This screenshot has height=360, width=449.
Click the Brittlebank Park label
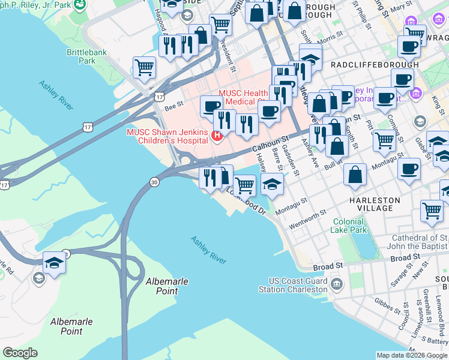[x=87, y=56]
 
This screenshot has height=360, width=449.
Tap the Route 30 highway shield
[x=154, y=182]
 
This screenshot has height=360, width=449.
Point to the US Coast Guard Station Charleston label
[x=298, y=285]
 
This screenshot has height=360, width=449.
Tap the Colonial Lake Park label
[x=349, y=226]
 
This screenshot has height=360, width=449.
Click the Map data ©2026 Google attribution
[x=411, y=355]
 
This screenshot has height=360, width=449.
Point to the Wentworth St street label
[x=306, y=219]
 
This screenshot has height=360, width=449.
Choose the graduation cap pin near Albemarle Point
[x=54, y=262]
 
